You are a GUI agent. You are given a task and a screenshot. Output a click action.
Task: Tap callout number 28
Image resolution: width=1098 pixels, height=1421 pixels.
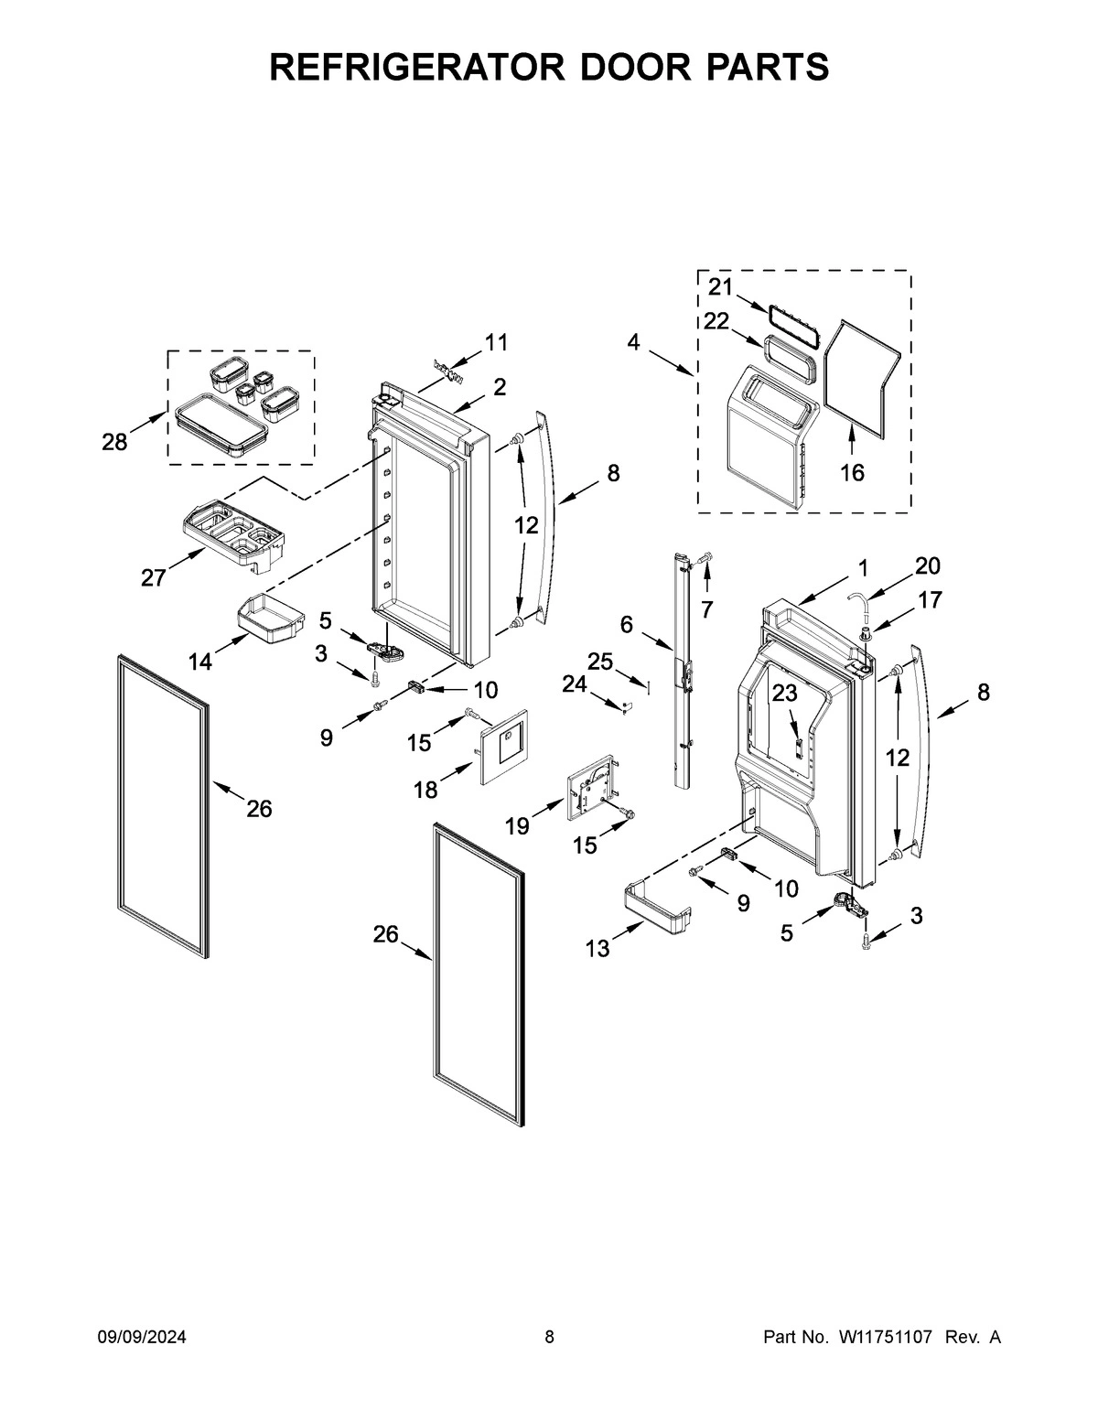pos(114,443)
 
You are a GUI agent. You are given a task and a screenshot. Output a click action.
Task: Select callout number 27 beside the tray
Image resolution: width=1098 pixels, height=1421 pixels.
pos(153,577)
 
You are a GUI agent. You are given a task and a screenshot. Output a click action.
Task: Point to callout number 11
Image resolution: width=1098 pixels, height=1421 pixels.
pos(496,343)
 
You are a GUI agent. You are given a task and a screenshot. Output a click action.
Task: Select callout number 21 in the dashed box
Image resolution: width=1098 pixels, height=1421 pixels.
pos(720,287)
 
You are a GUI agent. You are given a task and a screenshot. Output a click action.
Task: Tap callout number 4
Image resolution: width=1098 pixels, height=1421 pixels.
pos(633,343)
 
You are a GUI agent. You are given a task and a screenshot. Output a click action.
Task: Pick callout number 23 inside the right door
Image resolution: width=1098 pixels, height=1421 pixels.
pos(784,694)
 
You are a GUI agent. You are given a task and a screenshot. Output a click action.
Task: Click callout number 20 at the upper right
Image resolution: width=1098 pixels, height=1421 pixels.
pos(928,565)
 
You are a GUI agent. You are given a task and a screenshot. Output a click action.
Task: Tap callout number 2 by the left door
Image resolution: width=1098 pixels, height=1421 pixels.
pos(500,387)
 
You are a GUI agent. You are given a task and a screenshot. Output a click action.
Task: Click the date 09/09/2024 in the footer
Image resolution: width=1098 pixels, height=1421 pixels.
pos(142,1338)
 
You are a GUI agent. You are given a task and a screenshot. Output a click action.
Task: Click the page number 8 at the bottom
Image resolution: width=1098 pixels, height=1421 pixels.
pos(549,1338)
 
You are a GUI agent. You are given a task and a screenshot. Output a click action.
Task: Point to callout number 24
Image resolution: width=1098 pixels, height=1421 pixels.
pos(574,683)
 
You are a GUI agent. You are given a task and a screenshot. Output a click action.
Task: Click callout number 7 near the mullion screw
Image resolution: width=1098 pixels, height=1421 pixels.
pos(705,608)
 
